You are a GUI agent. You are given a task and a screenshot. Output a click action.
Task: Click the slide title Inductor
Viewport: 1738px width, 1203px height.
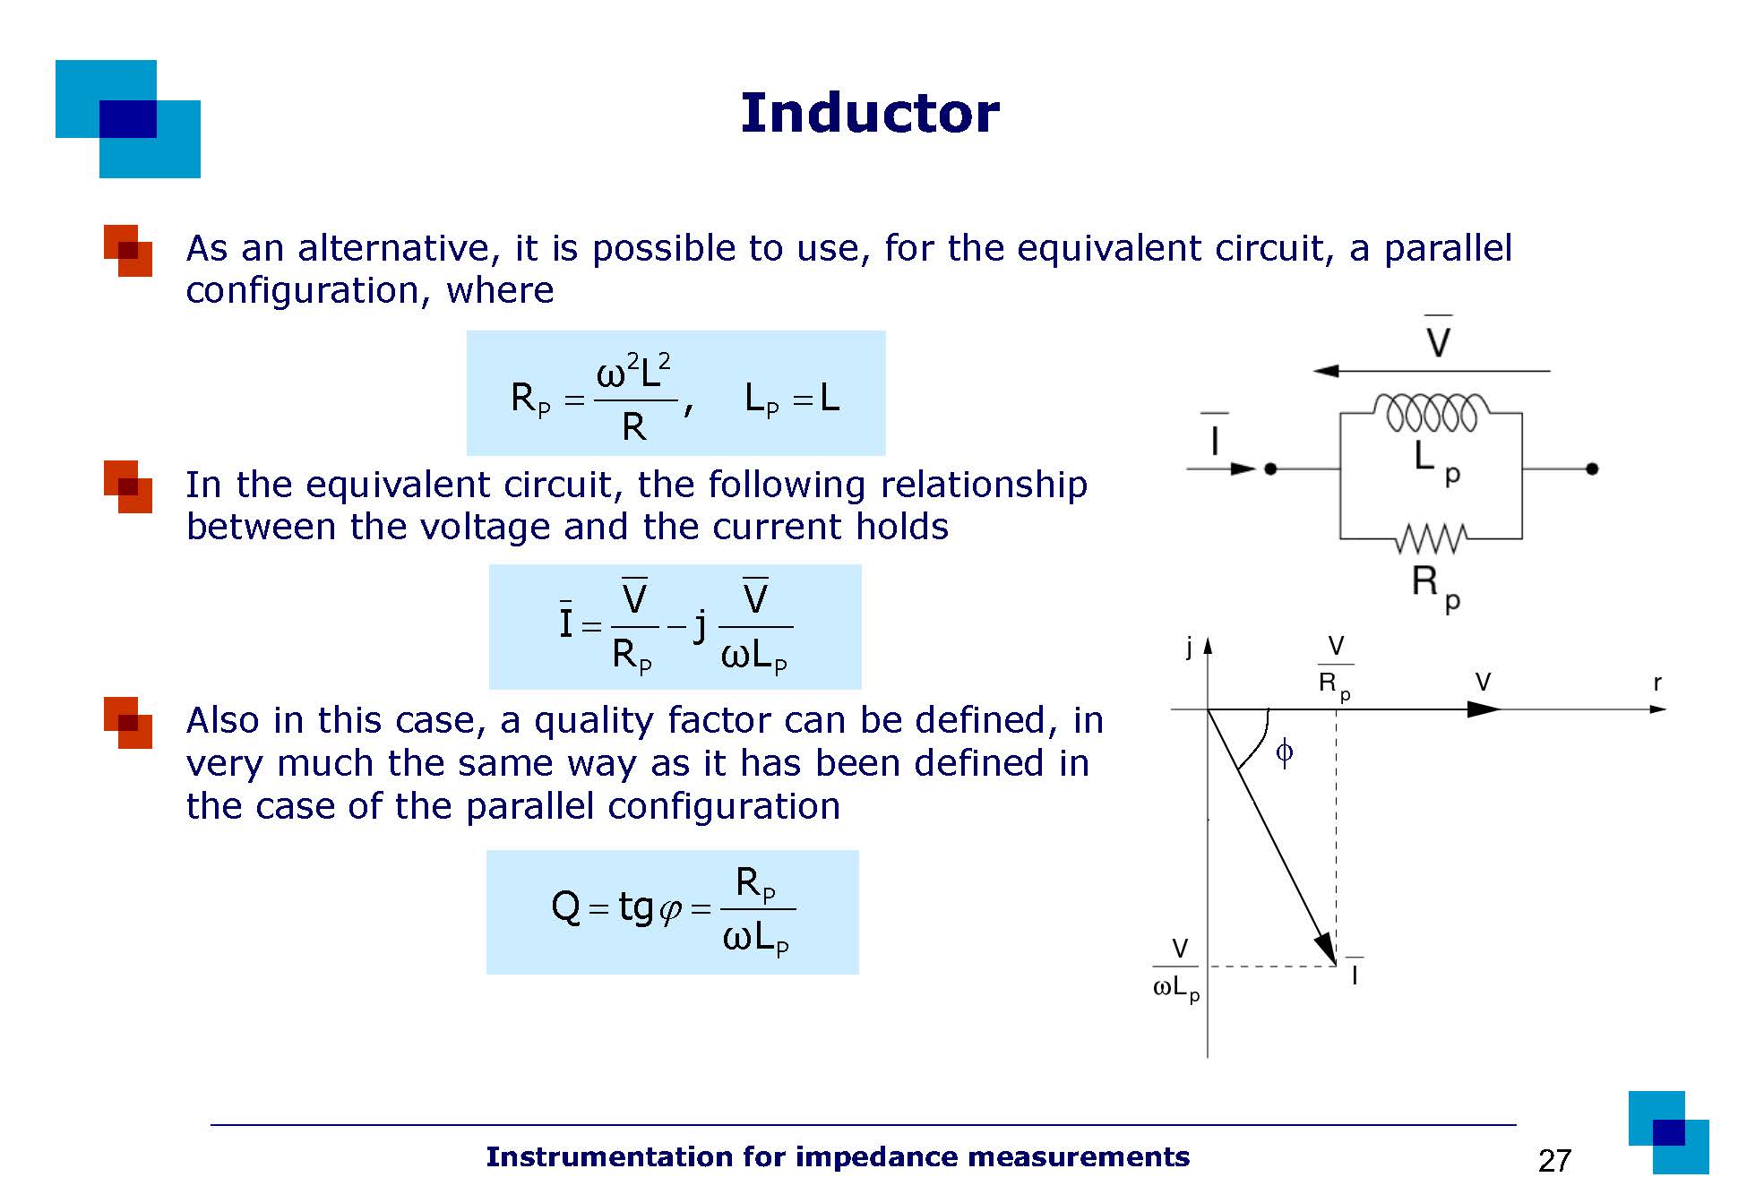(x=869, y=114)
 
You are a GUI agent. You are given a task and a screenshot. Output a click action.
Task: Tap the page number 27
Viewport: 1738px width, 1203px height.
(x=1554, y=1161)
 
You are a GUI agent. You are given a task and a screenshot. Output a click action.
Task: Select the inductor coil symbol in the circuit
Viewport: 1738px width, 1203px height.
(x=1431, y=412)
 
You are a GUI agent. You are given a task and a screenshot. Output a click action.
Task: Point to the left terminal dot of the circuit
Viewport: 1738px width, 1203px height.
(x=1270, y=468)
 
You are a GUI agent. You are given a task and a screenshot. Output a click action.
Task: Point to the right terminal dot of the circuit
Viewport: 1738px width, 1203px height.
(x=1592, y=468)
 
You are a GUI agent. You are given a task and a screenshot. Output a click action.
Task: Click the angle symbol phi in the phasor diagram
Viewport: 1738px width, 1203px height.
(x=1284, y=752)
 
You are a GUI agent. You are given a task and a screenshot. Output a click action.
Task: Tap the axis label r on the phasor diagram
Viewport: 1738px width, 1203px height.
(x=1656, y=683)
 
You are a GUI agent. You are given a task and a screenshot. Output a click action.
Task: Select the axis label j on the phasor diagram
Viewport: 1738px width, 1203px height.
(x=1189, y=648)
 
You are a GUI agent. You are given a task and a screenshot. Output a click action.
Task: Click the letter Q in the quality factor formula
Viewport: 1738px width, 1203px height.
(x=566, y=907)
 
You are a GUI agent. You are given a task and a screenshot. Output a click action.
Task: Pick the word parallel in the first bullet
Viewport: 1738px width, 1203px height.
(x=1448, y=248)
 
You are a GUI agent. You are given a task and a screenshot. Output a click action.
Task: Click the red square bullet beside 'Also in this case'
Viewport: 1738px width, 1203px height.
(x=128, y=722)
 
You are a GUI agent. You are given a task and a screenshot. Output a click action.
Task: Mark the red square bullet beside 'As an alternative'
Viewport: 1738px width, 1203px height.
(x=128, y=250)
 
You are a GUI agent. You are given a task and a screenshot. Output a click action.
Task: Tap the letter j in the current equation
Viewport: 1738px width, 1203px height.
(x=701, y=625)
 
